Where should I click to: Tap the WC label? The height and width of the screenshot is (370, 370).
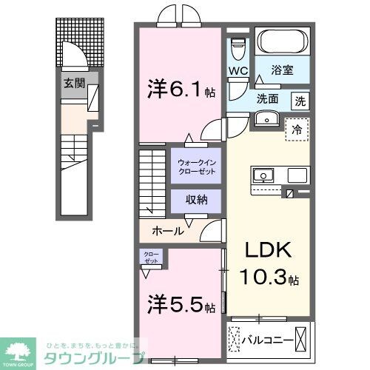tap(237, 71)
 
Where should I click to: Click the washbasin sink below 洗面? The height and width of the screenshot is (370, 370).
tap(264, 119)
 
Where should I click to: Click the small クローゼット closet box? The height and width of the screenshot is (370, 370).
tap(150, 258)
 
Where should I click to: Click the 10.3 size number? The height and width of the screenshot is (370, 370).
tap(263, 280)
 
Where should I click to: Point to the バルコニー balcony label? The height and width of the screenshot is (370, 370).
tap(269, 341)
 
